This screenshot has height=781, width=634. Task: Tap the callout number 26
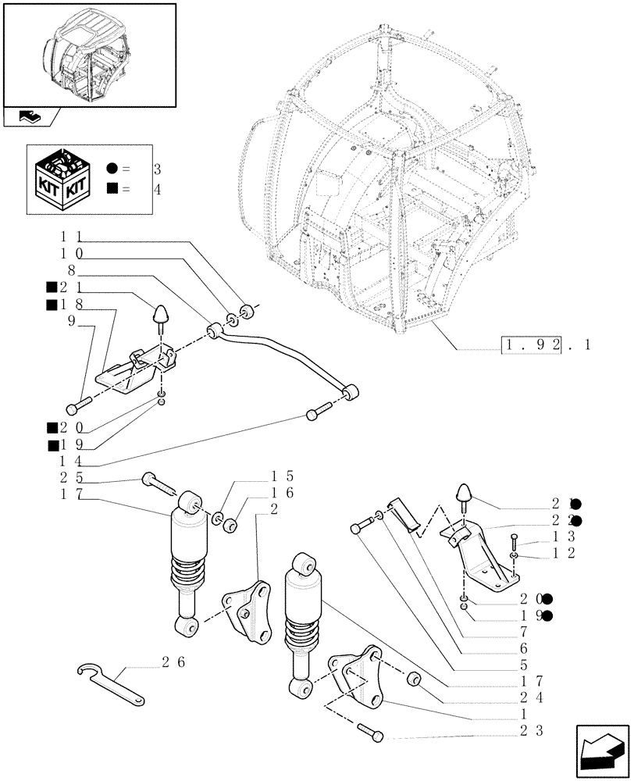click(x=173, y=662)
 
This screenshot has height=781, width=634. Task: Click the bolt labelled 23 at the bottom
click(x=370, y=731)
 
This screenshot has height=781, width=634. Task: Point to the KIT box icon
click(x=62, y=179)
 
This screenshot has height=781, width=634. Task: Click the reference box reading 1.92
click(x=530, y=344)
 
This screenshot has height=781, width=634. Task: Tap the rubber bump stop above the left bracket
click(x=160, y=314)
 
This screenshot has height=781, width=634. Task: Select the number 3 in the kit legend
click(x=157, y=169)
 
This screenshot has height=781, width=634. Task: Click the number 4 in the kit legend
click(x=157, y=189)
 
